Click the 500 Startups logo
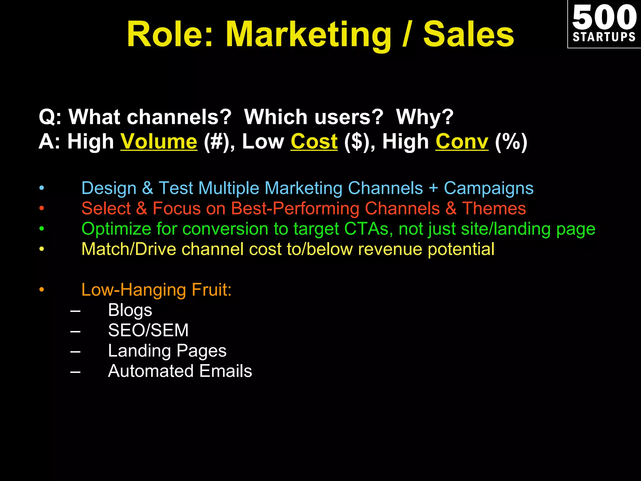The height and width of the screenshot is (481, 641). point(604,24)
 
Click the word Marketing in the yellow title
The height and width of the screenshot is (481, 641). point(308,34)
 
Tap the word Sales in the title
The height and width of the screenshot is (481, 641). point(469,34)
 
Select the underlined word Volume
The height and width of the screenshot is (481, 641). point(159,142)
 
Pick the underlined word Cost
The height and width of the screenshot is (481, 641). point(314,142)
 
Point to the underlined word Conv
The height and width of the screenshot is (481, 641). point(462,142)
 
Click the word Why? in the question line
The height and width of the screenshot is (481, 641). point(425,117)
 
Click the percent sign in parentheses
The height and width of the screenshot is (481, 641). point(511,142)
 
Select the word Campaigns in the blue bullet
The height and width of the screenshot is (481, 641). point(489,188)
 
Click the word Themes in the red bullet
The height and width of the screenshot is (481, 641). point(494,209)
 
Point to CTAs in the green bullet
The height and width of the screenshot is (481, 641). point(366,229)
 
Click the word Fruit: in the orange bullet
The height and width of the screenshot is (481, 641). point(211,290)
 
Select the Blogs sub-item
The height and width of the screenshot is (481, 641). point(130,310)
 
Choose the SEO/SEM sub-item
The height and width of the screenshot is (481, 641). point(148,330)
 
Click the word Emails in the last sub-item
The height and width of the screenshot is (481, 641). point(225,371)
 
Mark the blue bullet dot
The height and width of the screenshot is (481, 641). point(42,188)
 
